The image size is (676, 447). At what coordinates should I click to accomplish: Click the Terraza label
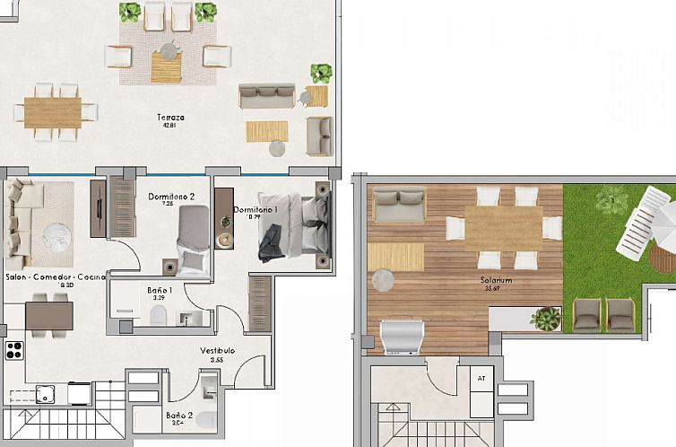169,118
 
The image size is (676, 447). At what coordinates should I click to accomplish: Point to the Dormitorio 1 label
256,210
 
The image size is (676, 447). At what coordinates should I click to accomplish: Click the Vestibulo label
217,351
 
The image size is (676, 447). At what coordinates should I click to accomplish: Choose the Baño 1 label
160,290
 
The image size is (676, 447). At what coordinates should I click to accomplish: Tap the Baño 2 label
178,415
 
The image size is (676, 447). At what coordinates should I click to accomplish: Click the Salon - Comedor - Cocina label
55,277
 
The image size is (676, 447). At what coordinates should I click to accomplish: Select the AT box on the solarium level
481,378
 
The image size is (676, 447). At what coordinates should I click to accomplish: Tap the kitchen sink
44,392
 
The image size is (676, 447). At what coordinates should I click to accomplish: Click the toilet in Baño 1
159,314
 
